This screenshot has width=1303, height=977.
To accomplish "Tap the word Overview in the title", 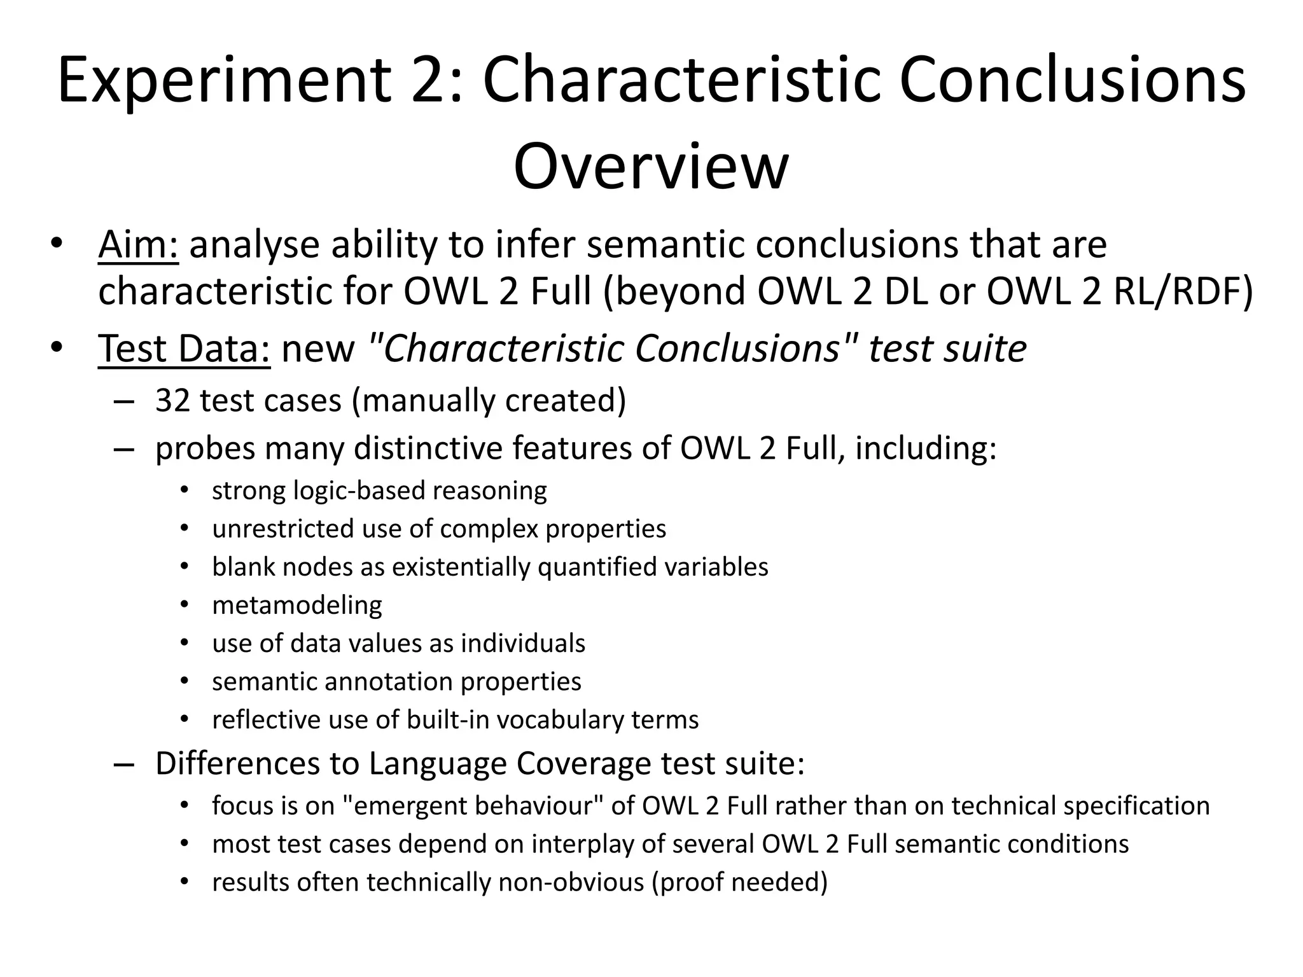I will point(651,167).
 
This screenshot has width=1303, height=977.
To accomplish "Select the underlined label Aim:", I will point(138,245).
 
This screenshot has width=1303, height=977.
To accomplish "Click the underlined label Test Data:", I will point(185,349).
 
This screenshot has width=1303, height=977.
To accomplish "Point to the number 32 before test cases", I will point(172,401).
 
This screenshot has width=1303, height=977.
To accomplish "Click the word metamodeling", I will point(297,605).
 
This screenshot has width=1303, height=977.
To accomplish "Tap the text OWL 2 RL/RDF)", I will point(1119,291).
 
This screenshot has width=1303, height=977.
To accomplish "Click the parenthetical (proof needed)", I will point(739,882).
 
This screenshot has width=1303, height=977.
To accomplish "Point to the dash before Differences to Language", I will point(124,764).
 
